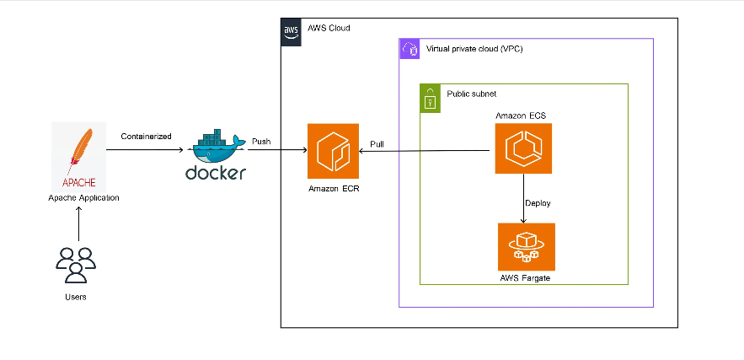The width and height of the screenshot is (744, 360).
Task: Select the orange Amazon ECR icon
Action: click(333, 148)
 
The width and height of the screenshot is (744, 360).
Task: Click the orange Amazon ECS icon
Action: click(523, 148)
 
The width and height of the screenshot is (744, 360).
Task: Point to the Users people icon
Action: click(76, 263)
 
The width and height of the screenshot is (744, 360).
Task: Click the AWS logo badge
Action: click(291, 31)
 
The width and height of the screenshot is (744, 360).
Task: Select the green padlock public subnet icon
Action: click(430, 98)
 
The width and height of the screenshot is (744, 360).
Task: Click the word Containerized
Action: click(146, 135)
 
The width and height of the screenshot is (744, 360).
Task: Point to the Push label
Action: click(261, 142)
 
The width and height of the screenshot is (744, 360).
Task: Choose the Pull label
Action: click(377, 144)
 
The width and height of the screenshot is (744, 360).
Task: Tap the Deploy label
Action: click(538, 203)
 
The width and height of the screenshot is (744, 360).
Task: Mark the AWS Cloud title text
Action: click(329, 29)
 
